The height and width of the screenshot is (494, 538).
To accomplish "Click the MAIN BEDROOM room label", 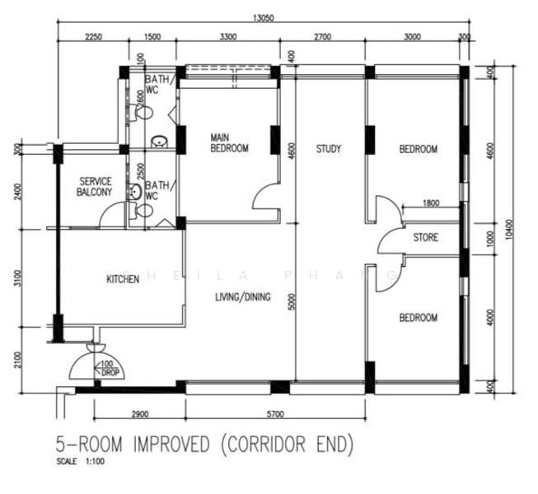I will (x=228, y=142).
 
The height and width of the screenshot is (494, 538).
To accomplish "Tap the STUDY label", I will (x=329, y=149).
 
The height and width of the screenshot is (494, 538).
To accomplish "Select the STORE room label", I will (x=425, y=238).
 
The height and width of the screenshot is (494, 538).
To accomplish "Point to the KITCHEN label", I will (x=123, y=280).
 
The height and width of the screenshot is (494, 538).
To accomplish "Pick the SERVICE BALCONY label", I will (x=95, y=186).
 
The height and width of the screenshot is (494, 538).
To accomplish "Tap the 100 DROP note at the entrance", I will (x=108, y=368).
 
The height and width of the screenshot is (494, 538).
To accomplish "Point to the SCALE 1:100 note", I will (x=81, y=462).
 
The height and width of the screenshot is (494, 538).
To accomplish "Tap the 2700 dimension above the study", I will (x=322, y=37).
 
